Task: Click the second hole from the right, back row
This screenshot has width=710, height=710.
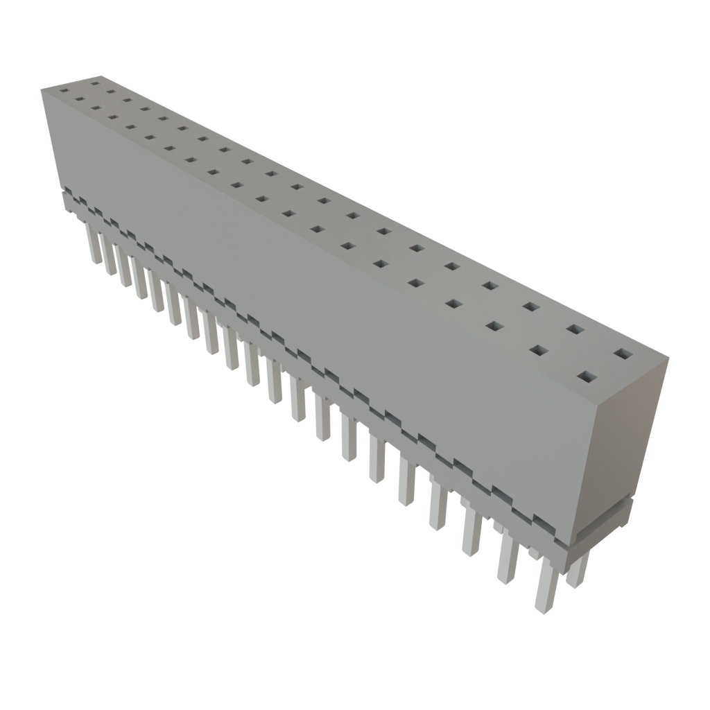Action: tap(574, 329)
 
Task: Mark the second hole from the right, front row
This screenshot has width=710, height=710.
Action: tap(538, 351)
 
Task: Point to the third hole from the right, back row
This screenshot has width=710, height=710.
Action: tap(530, 306)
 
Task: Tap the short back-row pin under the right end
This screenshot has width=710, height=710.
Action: tap(577, 569)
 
